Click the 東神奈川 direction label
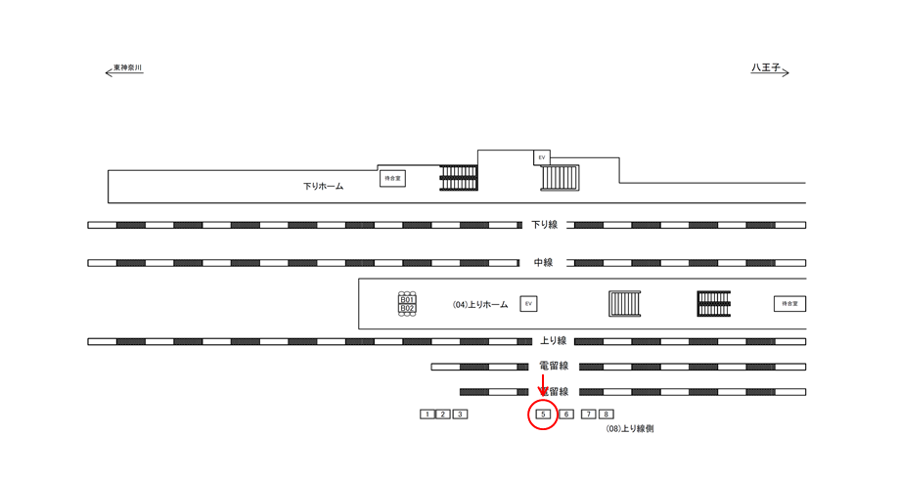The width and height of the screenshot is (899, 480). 127,68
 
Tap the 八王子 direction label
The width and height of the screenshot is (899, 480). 766,68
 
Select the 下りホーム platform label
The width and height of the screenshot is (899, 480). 323,186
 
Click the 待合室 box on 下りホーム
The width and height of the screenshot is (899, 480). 392,179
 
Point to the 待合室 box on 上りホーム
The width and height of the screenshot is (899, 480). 789,304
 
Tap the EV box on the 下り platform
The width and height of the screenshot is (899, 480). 541,157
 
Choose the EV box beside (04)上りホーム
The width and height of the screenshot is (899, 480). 529,304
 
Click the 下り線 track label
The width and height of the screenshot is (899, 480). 544,225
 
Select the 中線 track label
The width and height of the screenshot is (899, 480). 544,263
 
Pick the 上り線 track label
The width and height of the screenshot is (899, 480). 554,341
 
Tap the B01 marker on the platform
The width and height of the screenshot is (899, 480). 408,299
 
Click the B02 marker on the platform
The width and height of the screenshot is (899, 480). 408,309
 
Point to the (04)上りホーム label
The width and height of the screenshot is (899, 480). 479,305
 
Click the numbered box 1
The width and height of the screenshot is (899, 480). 427,415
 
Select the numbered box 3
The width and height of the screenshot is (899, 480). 461,415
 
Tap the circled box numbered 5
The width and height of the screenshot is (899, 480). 542,415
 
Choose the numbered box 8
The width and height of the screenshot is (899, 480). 607,415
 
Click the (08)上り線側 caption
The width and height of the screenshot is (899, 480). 629,429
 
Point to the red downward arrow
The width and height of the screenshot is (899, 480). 543,384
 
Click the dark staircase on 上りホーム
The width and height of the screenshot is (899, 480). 714,304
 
